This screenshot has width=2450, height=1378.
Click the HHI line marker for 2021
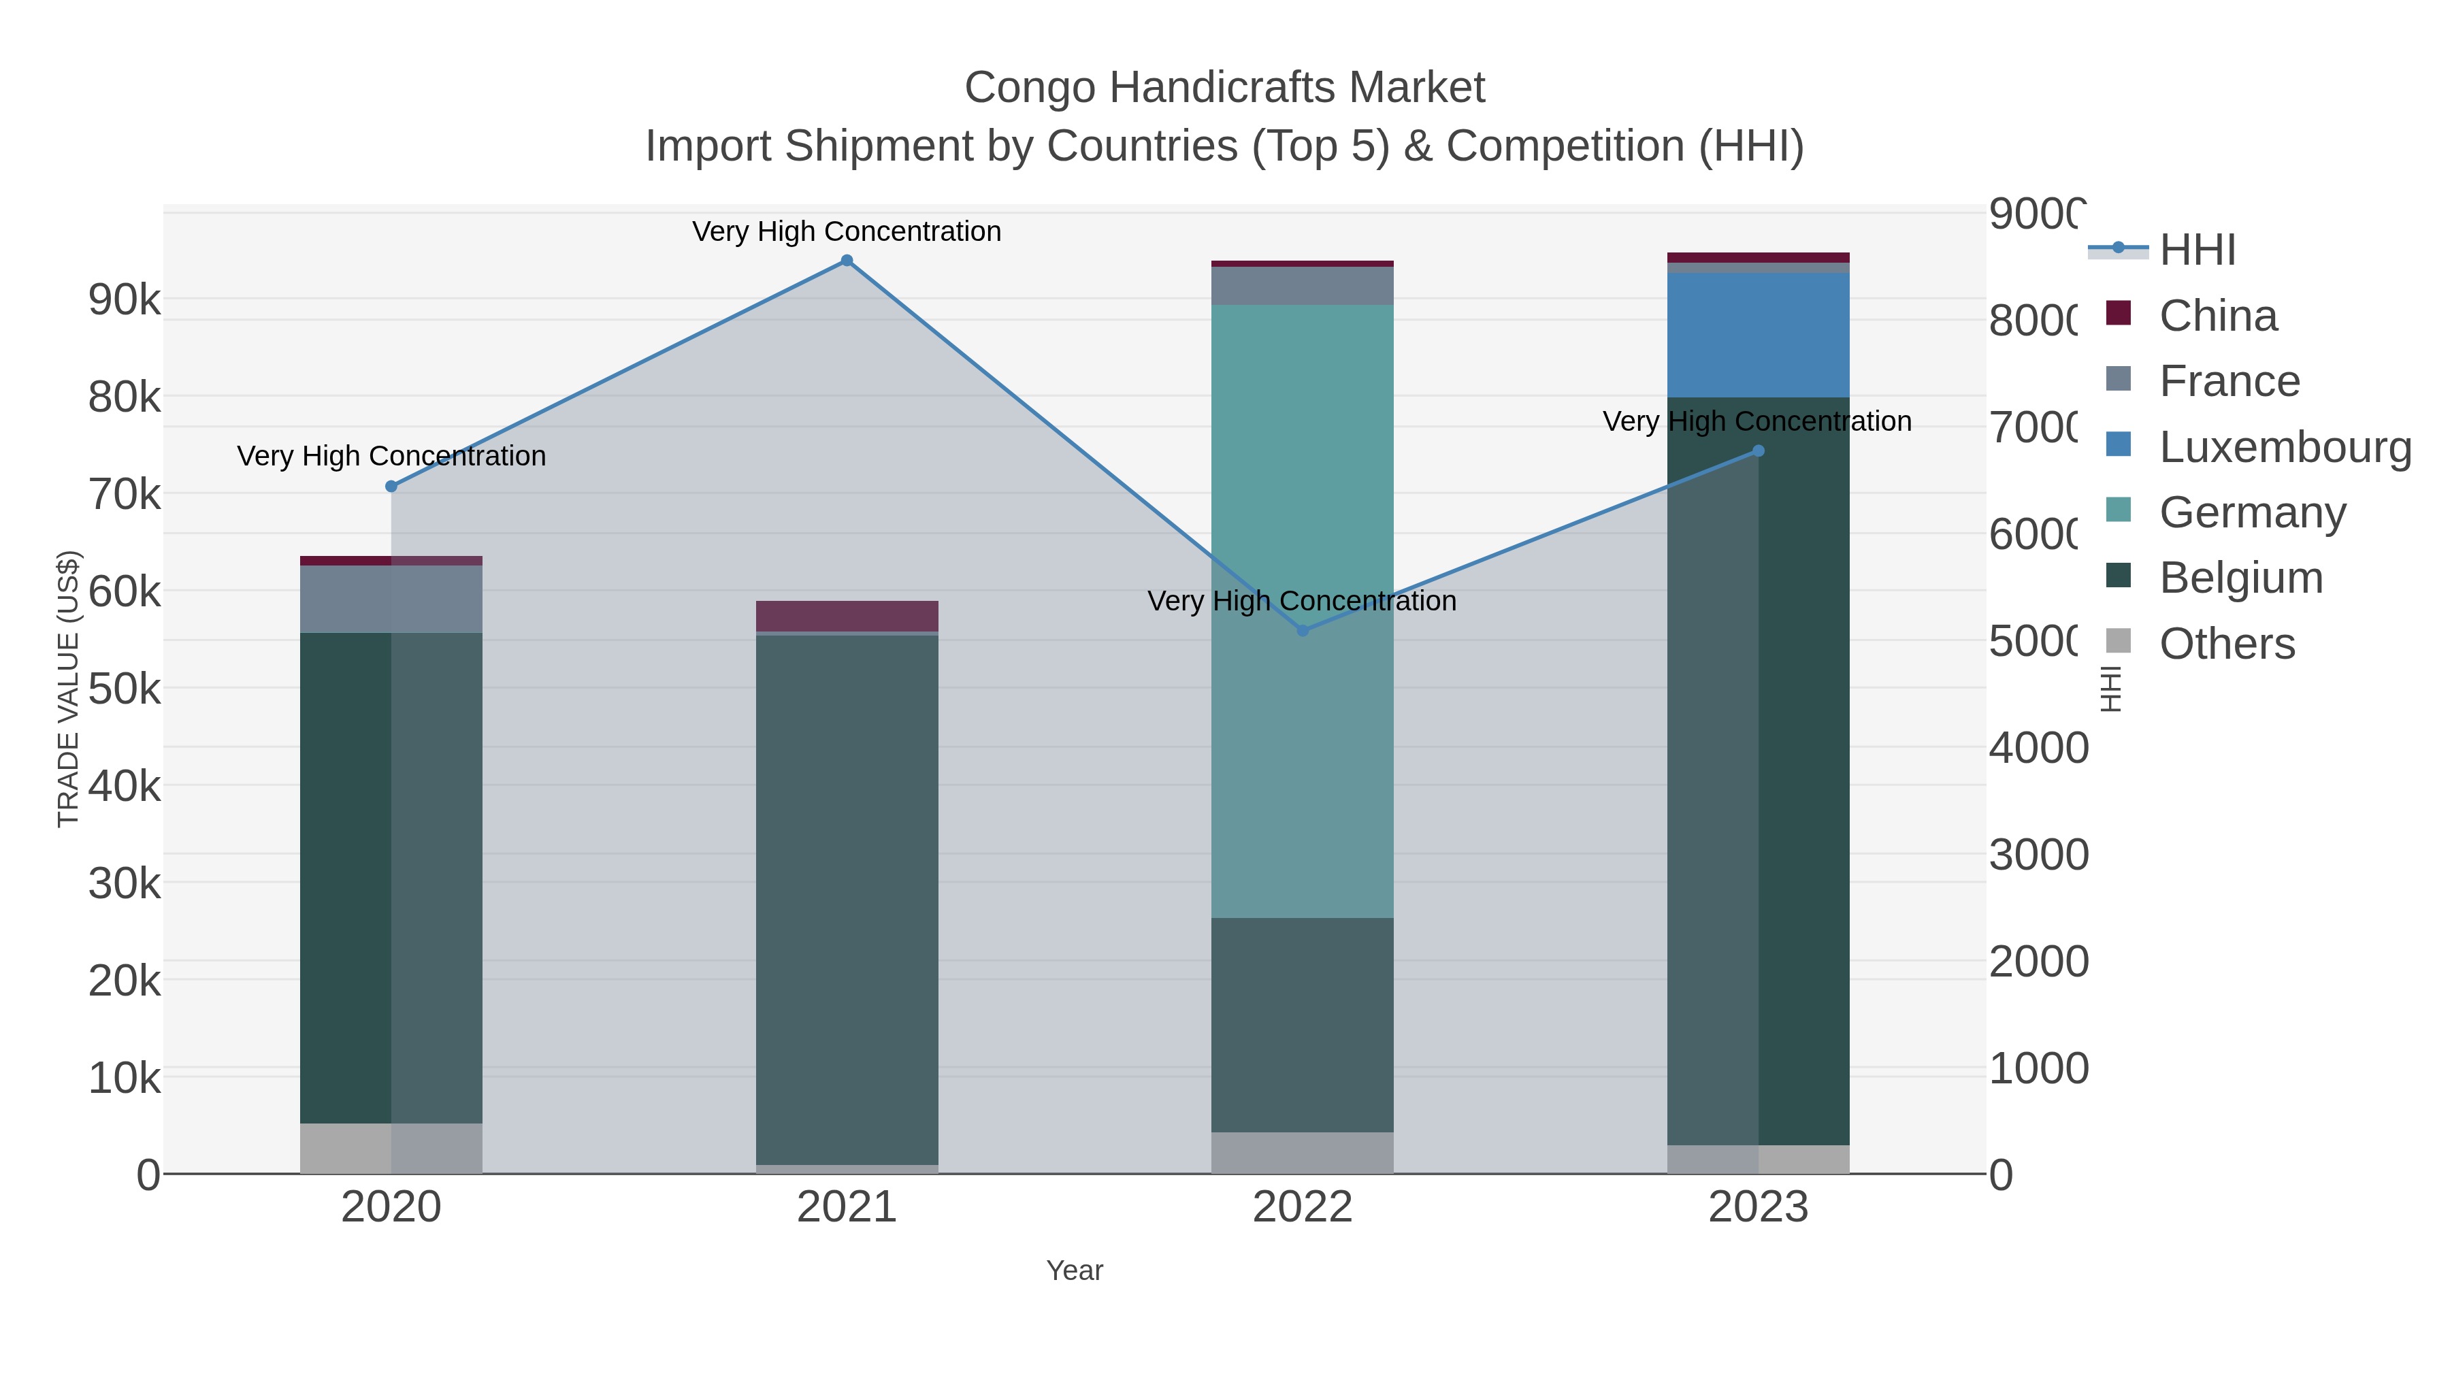point(847,261)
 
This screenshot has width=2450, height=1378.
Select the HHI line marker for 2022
point(1302,631)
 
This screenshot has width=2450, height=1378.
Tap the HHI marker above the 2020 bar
point(391,486)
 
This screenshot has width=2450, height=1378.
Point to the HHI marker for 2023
point(1758,450)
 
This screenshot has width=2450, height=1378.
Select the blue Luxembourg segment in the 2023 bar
point(1758,335)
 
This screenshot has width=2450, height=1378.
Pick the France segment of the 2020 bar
point(391,599)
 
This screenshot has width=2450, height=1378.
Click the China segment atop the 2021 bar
point(847,615)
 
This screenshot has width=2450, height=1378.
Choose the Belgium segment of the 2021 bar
point(847,899)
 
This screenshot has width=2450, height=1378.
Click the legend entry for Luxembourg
point(2283,447)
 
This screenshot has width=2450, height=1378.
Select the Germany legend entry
point(2251,512)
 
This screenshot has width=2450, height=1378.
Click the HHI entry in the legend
point(2197,250)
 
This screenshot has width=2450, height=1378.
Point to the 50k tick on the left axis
point(125,689)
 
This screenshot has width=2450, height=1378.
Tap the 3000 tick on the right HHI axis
point(2037,855)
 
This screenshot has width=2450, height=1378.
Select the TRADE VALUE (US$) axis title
point(69,689)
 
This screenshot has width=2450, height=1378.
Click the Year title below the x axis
point(1074,1270)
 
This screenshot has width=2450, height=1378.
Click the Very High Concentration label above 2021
point(847,231)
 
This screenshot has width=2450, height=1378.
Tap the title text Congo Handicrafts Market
point(1224,88)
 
